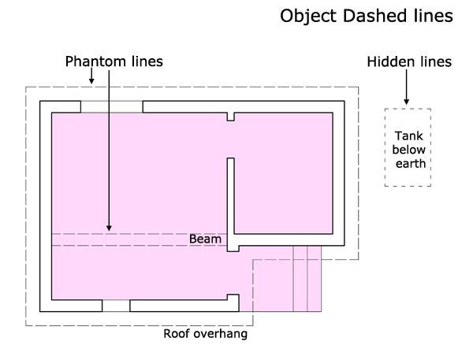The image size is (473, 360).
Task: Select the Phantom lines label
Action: point(114,61)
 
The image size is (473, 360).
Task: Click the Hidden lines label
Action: point(409,61)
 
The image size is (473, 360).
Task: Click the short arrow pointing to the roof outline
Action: point(91,76)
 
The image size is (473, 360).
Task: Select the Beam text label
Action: point(205,238)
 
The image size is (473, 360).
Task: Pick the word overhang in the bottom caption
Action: point(220,333)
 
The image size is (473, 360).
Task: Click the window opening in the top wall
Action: point(111,106)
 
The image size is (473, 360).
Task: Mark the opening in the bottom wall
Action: point(116,306)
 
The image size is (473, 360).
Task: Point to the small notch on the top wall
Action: point(231,117)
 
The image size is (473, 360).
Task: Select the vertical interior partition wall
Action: point(231,201)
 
